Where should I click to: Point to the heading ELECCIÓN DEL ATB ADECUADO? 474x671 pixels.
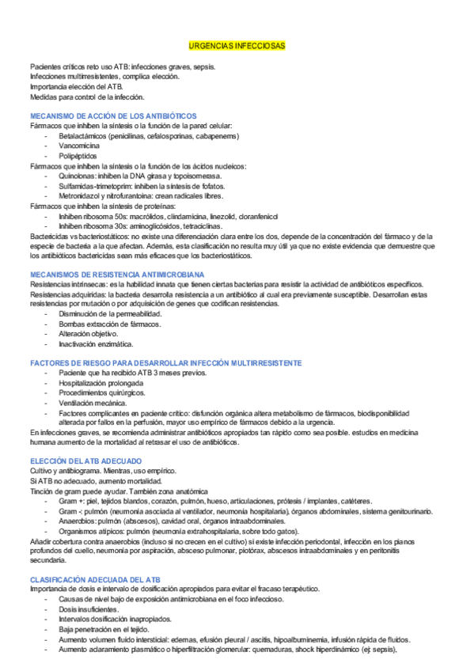(85, 461)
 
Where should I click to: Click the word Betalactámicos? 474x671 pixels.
(85, 136)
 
